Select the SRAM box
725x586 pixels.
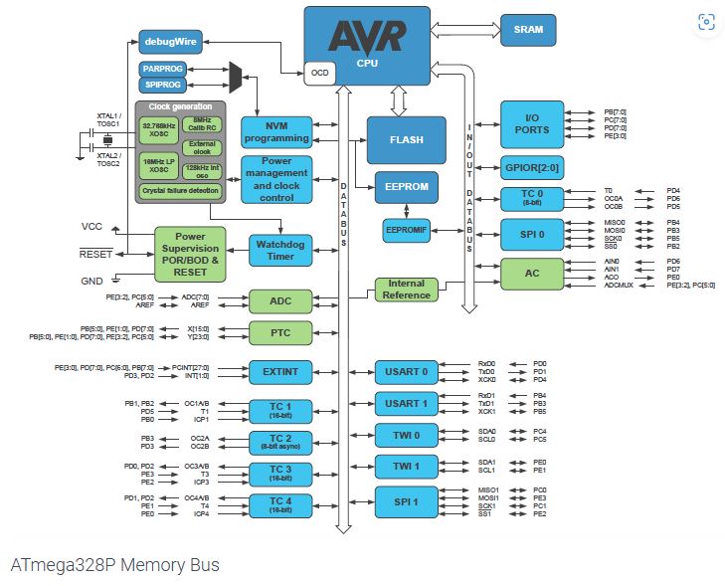[x=528, y=30]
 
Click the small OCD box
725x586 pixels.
[x=319, y=73]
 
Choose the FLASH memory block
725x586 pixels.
[x=406, y=140]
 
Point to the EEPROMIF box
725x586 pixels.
[x=406, y=230]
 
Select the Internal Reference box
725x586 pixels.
[x=406, y=290]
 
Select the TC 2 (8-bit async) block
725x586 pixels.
[x=279, y=442]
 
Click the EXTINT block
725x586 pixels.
[x=279, y=371]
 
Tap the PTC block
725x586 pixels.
[x=279, y=332]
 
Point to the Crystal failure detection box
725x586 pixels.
[x=180, y=190]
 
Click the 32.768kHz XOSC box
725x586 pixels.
[x=157, y=127]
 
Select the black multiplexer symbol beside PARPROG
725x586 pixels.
[x=236, y=76]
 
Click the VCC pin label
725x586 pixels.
[x=91, y=227]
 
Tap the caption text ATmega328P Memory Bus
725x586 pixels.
[x=114, y=565]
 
